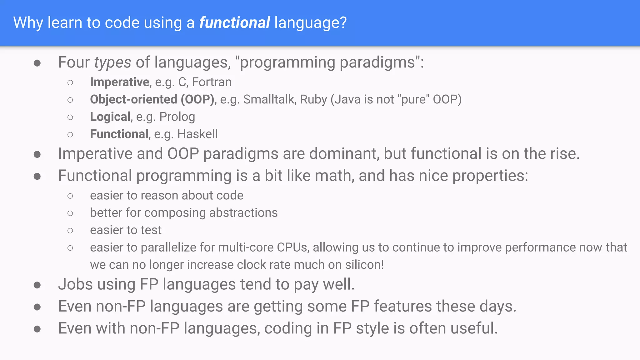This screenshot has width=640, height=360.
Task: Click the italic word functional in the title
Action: [234, 23]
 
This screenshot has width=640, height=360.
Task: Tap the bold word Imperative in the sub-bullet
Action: [119, 82]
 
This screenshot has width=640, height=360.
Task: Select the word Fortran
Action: [212, 82]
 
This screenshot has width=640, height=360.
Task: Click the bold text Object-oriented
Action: [133, 99]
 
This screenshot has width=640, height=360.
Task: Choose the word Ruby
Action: [313, 99]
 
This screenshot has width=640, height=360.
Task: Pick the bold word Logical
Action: [110, 117]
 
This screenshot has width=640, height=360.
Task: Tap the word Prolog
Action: [177, 117]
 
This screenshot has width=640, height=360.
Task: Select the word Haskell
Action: [197, 134]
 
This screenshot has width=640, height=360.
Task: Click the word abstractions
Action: [243, 213]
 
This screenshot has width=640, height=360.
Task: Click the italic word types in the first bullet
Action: [112, 62]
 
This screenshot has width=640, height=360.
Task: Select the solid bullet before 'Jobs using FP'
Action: [37, 285]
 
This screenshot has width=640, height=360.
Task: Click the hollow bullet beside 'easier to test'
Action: [70, 231]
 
